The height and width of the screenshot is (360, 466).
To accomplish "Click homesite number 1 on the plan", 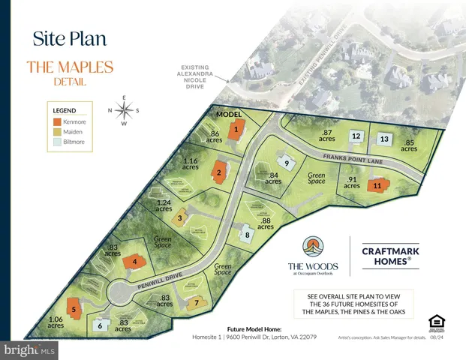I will [x=236, y=129].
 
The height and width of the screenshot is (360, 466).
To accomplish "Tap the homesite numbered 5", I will [x=74, y=308].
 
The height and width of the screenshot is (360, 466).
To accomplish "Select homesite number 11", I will [x=377, y=184].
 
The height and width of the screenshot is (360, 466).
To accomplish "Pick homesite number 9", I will [x=286, y=163].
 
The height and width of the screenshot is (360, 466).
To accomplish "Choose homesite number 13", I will [x=383, y=139].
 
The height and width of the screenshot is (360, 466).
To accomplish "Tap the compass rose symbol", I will [x=125, y=109].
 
